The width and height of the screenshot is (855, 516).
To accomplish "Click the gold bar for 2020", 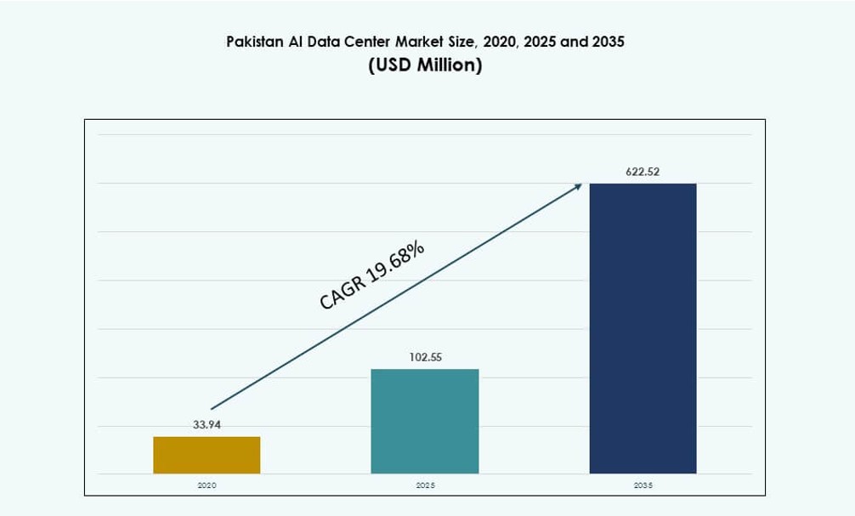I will coord(207,455).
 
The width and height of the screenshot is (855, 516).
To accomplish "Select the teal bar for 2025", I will coord(425,421).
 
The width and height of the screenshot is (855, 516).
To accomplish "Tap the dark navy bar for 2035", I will coord(643,328).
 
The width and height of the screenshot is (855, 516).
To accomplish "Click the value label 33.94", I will coord(207,425).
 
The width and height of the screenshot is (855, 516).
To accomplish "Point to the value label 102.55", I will coord(425,357).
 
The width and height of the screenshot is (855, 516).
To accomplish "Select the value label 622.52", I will coord(643,172).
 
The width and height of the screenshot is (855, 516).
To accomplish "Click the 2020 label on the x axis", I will coord(207,485).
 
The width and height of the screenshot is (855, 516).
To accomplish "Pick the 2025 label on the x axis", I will coord(425,485).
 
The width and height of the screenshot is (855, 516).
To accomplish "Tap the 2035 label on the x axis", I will coord(643,485).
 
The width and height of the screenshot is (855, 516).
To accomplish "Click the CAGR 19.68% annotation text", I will coord(372,275).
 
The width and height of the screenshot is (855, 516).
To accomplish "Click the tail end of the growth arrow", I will coord(212,409).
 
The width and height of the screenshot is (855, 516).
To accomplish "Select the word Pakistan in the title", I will coord(254,41).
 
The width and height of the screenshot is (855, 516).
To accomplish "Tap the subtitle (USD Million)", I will coord(425,65).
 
